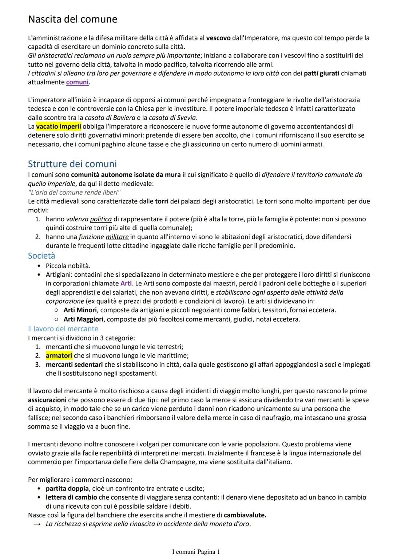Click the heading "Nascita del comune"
point(72,19)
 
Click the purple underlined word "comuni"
point(77,82)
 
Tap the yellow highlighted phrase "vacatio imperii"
point(59,127)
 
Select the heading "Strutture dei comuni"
point(72,164)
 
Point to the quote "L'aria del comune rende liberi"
point(74,192)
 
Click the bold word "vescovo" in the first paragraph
point(218,38)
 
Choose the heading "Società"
point(41,256)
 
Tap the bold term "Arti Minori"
point(80,310)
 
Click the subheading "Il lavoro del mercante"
point(63,329)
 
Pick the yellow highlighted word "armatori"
point(59,356)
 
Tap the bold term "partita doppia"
point(67,489)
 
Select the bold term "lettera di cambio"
point(71,497)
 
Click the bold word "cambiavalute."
point(245,515)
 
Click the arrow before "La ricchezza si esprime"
point(37,524)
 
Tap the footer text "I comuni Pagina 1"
point(196,552)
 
